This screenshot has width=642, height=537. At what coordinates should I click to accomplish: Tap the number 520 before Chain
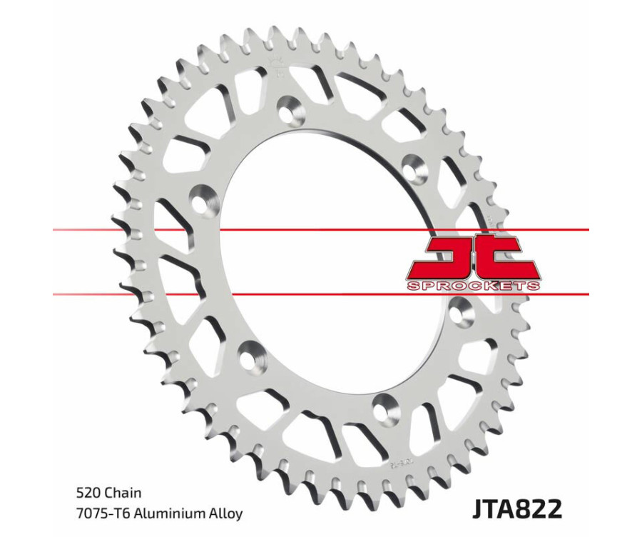[88, 493]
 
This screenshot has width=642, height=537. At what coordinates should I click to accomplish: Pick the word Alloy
[225, 513]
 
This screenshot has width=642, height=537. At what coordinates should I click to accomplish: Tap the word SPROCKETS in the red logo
[473, 286]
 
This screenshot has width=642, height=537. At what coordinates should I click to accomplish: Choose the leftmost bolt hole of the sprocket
[205, 199]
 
